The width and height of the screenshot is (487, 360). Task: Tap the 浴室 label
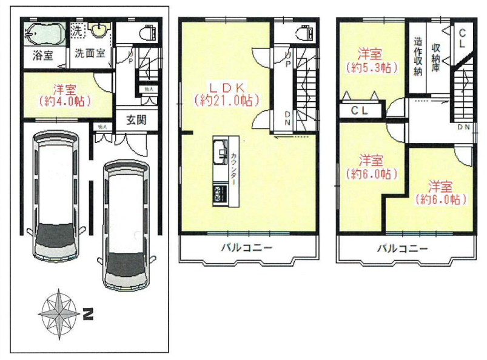pos(42,53)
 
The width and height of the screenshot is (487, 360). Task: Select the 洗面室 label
pos(90,53)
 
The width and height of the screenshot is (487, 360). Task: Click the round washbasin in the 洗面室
pos(99,30)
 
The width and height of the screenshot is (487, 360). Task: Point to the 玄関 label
pos(137,120)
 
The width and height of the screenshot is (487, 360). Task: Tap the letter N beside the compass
pos(88,315)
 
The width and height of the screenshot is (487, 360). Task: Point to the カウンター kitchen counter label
pos(234,168)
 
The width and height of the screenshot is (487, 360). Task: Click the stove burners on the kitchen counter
pos(218,194)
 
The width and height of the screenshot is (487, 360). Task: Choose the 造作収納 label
pos(418,58)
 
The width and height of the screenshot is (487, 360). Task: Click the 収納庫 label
pos(435,57)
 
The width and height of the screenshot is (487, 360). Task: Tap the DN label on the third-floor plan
pos(465,127)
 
